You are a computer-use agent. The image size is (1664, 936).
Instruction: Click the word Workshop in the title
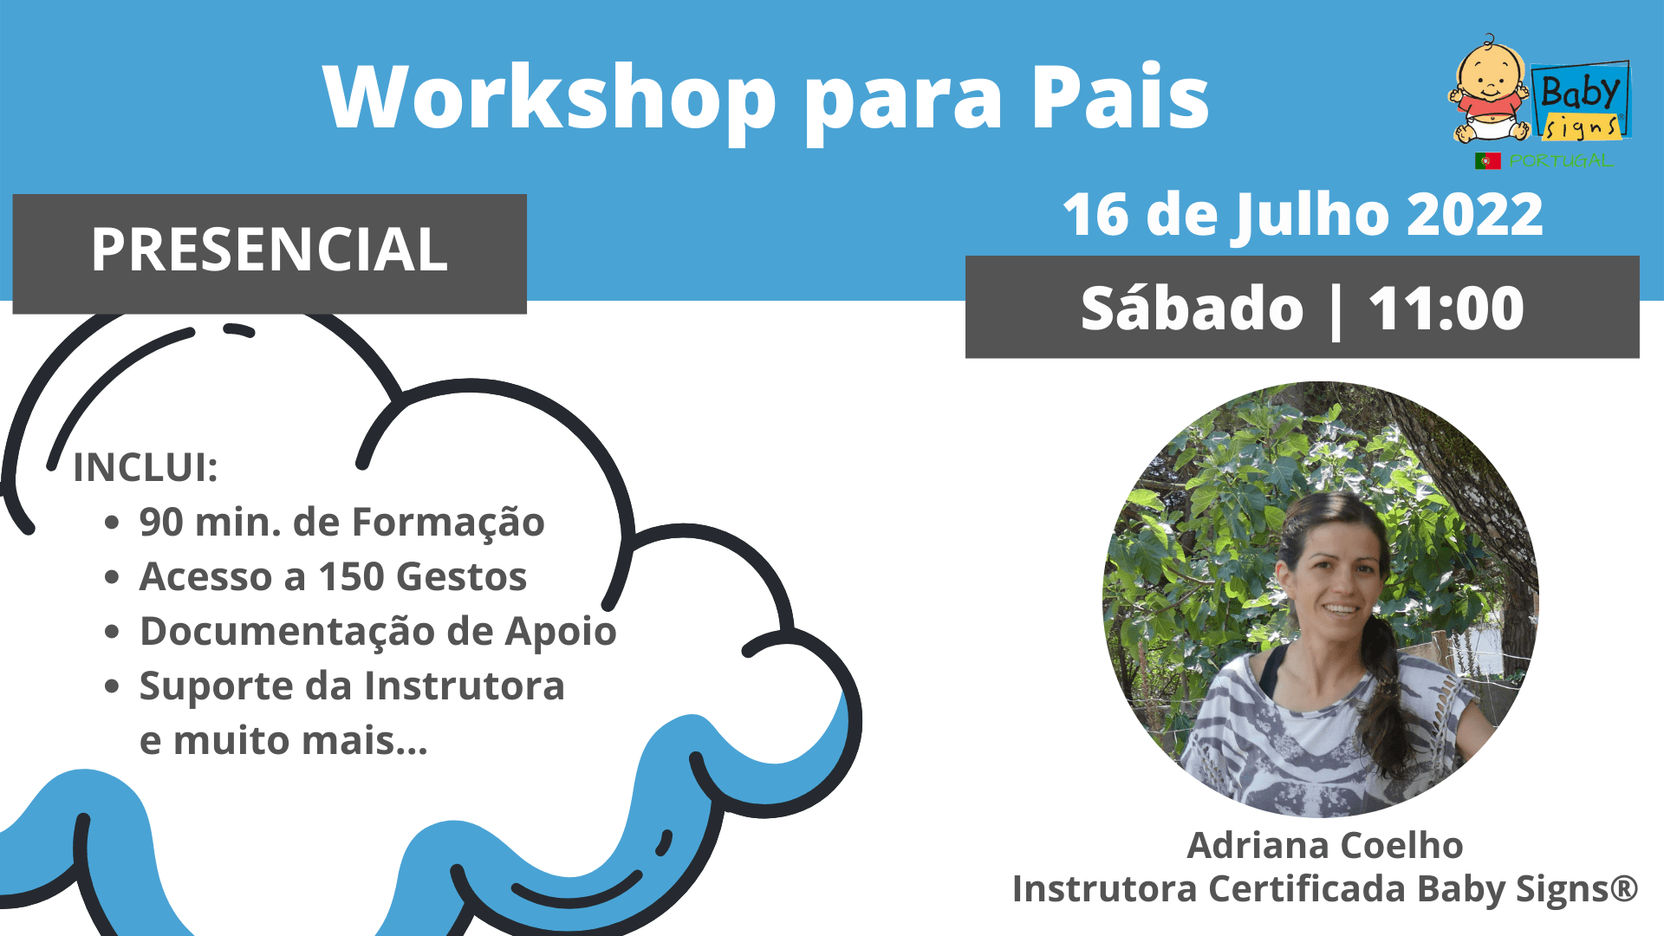click(x=549, y=97)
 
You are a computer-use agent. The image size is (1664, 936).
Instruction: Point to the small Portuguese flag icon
click(x=1487, y=161)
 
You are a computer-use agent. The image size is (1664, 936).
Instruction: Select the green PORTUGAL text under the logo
click(x=1560, y=161)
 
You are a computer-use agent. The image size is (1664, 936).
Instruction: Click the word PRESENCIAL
click(x=270, y=250)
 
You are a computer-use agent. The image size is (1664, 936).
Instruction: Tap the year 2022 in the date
click(x=1475, y=214)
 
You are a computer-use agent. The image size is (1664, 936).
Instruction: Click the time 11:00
click(x=1446, y=309)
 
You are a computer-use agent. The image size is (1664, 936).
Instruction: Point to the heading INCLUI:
click(x=146, y=468)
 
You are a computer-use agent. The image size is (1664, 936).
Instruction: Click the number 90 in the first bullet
click(x=161, y=523)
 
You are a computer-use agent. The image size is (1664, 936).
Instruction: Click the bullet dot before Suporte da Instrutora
click(x=112, y=687)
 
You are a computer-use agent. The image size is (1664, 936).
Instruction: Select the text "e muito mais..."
click(x=283, y=741)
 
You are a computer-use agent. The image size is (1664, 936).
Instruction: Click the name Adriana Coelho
click(x=1325, y=845)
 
